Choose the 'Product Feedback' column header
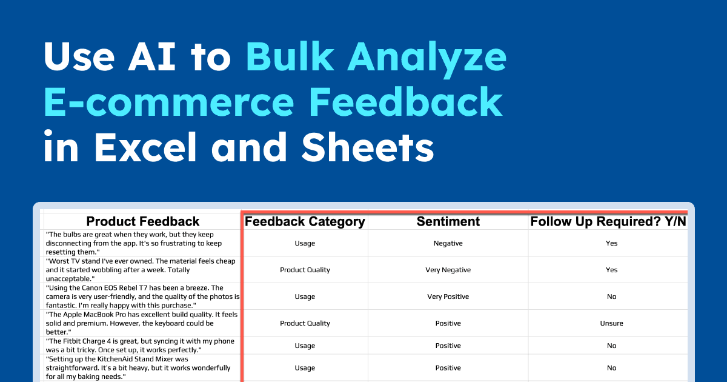coord(143,221)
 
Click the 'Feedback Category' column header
coord(305,221)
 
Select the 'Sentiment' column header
coord(448,221)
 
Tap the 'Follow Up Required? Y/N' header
coord(608,221)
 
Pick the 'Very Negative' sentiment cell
coord(448,270)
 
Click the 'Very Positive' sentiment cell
coord(448,297)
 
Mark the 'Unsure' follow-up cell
coord(611,323)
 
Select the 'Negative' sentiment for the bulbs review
coord(448,243)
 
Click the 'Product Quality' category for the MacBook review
coord(305,323)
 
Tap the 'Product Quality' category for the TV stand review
coord(305,270)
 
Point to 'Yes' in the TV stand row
coord(611,270)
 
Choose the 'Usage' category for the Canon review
coord(305,297)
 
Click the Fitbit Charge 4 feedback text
coord(141,346)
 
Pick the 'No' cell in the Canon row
coord(611,297)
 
